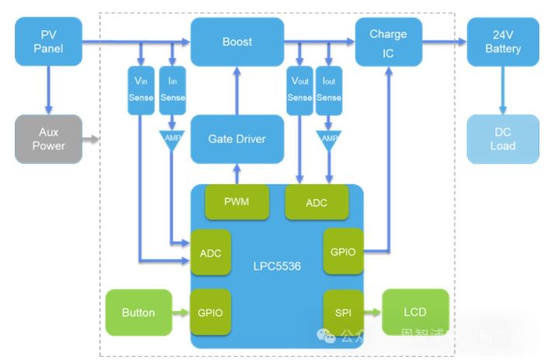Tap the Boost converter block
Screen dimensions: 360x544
click(x=236, y=42)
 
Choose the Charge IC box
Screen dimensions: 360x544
click(x=388, y=42)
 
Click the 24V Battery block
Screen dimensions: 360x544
click(x=502, y=42)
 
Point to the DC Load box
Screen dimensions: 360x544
click(x=502, y=139)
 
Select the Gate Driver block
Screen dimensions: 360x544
click(x=236, y=139)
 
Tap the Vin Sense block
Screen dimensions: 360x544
click(x=141, y=90)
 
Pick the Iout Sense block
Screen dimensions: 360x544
click(x=329, y=90)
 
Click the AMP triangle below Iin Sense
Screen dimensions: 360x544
click(x=172, y=138)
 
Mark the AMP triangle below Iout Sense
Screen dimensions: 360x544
click(x=330, y=138)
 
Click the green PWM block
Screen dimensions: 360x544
click(x=236, y=202)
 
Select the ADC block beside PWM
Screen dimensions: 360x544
click(x=316, y=202)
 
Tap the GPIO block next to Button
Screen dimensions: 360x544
click(x=211, y=313)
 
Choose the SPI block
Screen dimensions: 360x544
click(x=343, y=313)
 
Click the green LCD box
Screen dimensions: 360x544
click(x=415, y=313)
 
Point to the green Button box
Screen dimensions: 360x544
click(x=138, y=313)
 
